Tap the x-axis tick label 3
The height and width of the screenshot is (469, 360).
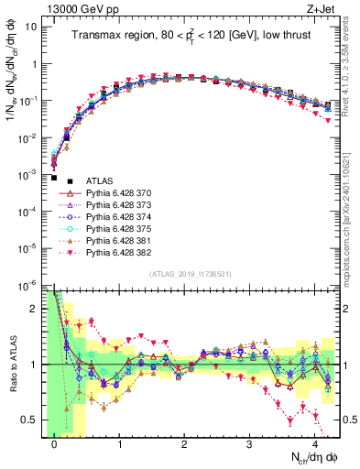[x=250, y=444]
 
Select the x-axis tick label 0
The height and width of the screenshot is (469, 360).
[x=55, y=444]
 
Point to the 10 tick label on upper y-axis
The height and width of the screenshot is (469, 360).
[x=27, y=26]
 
